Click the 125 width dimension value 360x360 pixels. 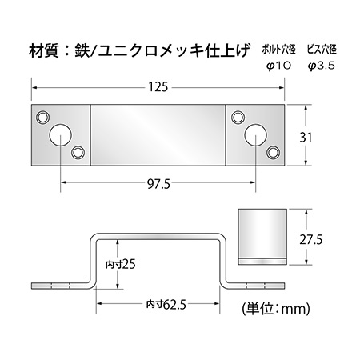158,87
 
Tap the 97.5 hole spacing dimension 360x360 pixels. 158,184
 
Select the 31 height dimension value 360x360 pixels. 306,138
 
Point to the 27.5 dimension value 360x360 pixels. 311,239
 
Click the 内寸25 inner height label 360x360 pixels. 121,264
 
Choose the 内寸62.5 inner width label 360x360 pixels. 166,304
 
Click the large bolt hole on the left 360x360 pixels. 61,135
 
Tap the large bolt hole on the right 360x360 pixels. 256,135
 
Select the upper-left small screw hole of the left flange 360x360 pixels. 42,117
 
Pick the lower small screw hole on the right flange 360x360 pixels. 273,153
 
